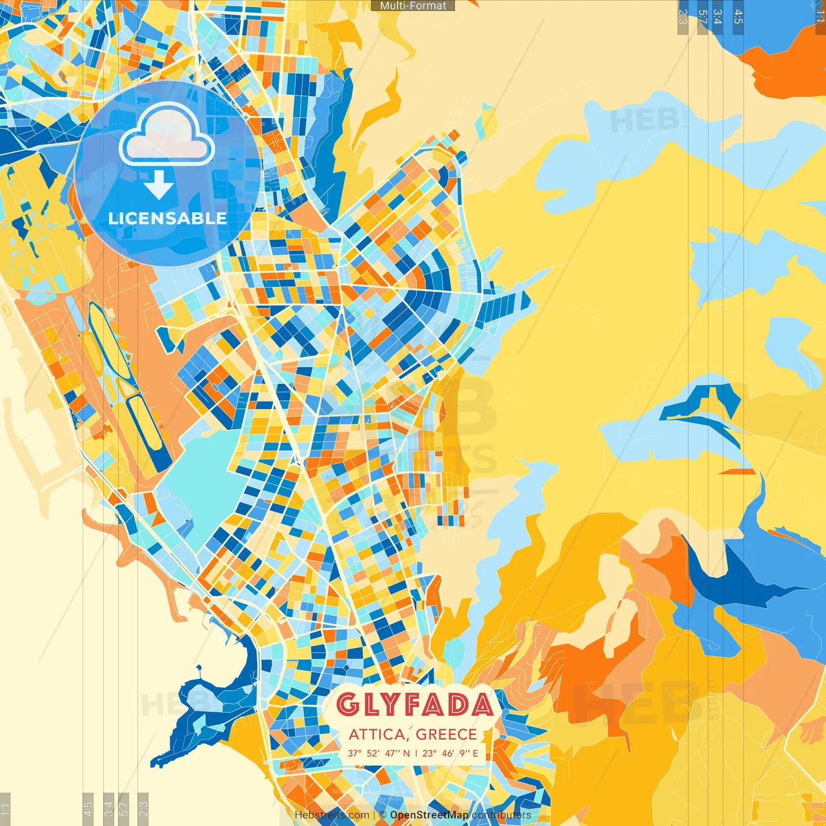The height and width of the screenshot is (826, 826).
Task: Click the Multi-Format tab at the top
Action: point(413,6)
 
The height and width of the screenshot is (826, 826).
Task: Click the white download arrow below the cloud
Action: point(158,185)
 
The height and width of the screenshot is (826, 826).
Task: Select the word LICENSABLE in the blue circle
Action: point(167,218)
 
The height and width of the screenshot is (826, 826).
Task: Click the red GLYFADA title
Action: point(414,705)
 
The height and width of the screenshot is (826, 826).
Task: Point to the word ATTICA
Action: point(376,734)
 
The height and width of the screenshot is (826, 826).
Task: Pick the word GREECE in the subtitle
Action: point(447,734)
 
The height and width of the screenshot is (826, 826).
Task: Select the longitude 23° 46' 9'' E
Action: point(450,753)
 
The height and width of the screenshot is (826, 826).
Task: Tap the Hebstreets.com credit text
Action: point(332,815)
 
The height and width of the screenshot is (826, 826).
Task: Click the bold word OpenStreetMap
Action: point(428,815)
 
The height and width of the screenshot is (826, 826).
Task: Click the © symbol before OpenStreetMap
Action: point(383,815)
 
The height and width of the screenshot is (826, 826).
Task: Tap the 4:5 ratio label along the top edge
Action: point(738,17)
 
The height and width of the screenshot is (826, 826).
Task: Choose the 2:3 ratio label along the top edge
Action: point(683,17)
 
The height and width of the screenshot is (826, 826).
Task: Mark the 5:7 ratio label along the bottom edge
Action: point(124,808)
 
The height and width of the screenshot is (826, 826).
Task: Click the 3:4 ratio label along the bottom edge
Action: point(108,808)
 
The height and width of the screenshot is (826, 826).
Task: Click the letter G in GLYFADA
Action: point(347,705)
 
